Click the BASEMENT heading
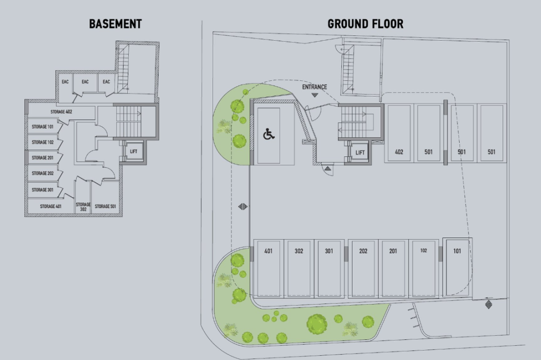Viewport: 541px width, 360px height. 115,24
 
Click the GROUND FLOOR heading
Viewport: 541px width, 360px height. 366,24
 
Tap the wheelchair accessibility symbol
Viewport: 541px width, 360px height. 269,134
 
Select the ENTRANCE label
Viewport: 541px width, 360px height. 314,87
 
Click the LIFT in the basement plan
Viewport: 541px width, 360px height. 134,151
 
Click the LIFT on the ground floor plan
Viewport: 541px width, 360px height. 360,153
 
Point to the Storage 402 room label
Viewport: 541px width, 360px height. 61,112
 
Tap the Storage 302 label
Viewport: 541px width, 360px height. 83,206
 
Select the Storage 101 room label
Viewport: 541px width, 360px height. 42,127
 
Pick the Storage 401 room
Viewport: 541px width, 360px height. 50,206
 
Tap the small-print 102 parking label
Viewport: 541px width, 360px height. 423,251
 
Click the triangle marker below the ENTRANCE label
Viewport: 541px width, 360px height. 315,95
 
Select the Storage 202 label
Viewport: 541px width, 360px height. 42,173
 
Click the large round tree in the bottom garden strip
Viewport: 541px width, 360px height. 317,324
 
